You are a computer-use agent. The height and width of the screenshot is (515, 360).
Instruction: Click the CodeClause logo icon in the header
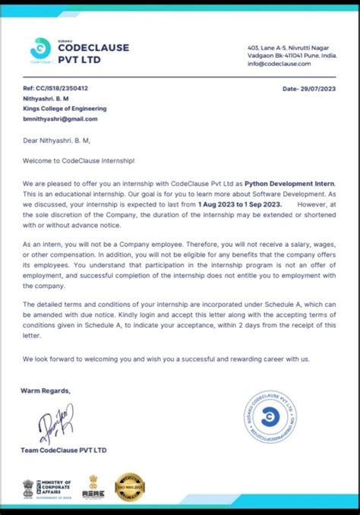(39, 49)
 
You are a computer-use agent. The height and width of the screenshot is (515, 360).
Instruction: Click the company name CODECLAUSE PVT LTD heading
(93, 53)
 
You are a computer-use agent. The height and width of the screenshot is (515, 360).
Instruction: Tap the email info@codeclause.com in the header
(281, 64)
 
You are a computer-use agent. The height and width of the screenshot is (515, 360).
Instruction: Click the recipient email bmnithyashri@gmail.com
(60, 118)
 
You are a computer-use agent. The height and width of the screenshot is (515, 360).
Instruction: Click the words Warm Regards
(46, 390)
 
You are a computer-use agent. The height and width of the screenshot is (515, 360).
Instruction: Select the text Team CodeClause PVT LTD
(64, 450)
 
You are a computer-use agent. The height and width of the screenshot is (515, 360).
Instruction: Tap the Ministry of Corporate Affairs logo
(47, 487)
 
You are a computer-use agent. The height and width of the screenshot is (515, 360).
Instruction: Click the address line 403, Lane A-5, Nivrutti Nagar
(291, 47)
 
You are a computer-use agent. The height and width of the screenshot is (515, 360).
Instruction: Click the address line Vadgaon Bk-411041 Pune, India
(292, 55)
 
